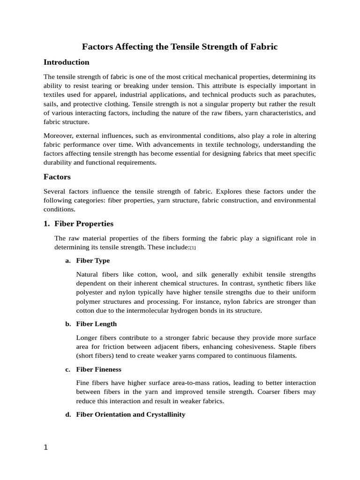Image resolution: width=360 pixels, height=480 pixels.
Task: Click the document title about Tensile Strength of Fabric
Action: click(180, 46)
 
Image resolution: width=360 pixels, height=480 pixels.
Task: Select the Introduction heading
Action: click(66, 62)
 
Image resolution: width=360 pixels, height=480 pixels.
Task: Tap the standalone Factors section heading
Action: click(57, 177)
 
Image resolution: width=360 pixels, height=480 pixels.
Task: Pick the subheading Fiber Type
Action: click(93, 260)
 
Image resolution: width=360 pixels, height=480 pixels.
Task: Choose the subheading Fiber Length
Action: click(96, 324)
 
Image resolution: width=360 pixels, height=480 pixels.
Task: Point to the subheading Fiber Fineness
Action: click(98, 369)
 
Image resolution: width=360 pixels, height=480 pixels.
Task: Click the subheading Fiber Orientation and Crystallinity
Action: click(130, 414)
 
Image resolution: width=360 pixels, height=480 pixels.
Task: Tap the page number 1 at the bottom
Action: click(45, 447)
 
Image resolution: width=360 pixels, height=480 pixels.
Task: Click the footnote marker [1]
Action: click(193, 247)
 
